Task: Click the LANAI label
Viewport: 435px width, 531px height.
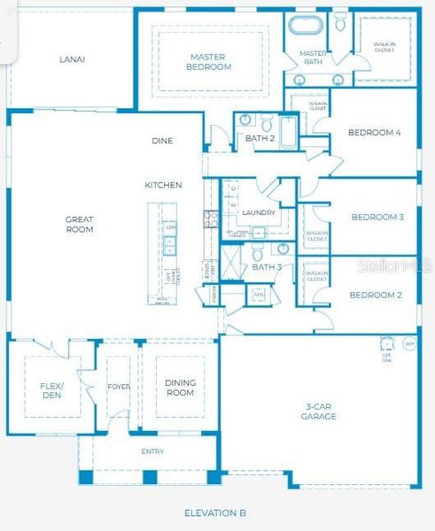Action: point(72,59)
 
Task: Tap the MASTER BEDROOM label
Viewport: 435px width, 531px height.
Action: point(209,61)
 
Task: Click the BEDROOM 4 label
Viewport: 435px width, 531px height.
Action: point(374,133)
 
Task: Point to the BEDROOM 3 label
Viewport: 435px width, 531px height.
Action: point(377,217)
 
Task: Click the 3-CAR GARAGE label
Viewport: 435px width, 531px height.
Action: point(318,411)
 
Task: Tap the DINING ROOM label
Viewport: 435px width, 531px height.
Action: point(180,388)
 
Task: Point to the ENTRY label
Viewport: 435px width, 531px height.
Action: point(152,451)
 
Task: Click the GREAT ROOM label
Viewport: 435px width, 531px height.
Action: point(79,224)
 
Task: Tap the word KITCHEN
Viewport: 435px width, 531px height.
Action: point(164,185)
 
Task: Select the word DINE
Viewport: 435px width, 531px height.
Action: point(162,141)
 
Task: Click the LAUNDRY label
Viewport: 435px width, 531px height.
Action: point(259,212)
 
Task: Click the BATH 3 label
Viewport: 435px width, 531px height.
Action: point(267,266)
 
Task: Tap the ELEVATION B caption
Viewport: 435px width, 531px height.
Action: point(214,513)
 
